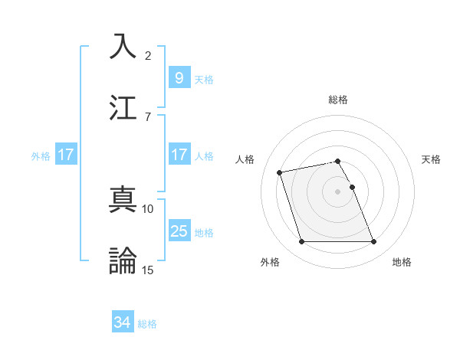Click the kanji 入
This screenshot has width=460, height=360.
[123, 47]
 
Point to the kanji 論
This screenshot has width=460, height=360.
[123, 260]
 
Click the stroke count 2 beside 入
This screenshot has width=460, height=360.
[148, 56]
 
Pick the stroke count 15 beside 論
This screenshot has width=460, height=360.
[148, 269]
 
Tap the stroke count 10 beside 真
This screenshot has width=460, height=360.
[148, 208]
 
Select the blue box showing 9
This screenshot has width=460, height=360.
[179, 78]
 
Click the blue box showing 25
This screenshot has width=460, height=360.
[179, 231]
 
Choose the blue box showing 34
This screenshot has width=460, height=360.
[122, 323]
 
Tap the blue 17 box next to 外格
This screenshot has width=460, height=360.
[65, 155]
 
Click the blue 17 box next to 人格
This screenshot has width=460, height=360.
[179, 155]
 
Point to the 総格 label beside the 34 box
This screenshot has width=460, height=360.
[147, 324]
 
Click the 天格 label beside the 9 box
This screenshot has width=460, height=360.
[204, 79]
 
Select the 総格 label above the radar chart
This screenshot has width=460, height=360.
[338, 100]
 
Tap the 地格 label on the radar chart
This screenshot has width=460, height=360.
[402, 263]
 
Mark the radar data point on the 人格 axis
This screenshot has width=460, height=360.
[280, 172]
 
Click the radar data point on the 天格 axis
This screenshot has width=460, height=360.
[352, 187]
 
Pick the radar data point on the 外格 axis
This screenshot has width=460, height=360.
[301, 242]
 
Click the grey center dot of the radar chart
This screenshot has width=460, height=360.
[338, 191]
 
